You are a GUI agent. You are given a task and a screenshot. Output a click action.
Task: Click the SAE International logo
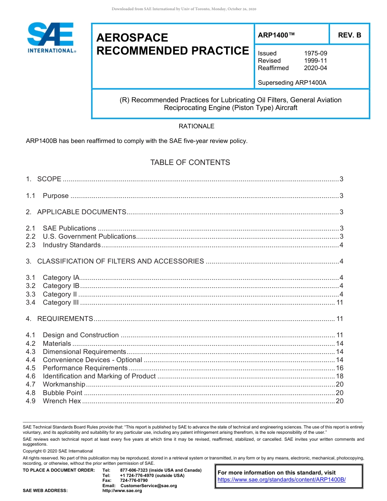point(51,37)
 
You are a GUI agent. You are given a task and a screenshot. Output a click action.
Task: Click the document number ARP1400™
point(276,35)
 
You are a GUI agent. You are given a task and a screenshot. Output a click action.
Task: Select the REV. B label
point(349,35)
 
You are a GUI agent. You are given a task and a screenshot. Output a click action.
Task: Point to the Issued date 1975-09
point(315,53)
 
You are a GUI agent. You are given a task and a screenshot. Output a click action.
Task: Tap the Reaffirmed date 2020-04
point(315,68)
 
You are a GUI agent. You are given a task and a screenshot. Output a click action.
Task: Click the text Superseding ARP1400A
point(292,83)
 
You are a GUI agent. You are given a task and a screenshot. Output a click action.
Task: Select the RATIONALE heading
point(196,126)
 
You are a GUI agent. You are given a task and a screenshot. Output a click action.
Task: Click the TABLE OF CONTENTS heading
point(190,163)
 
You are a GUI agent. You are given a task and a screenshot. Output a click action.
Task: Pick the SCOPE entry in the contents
point(49,179)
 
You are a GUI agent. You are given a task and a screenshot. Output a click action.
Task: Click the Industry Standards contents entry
point(72,245)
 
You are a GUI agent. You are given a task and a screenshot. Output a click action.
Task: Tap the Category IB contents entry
point(61,286)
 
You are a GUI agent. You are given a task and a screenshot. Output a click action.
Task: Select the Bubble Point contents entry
point(62,393)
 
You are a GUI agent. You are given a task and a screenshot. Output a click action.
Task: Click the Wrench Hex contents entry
point(62,401)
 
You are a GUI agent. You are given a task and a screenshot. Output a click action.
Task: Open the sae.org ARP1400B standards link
point(281,480)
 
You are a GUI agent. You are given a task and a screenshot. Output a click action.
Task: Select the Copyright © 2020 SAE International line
point(58,451)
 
